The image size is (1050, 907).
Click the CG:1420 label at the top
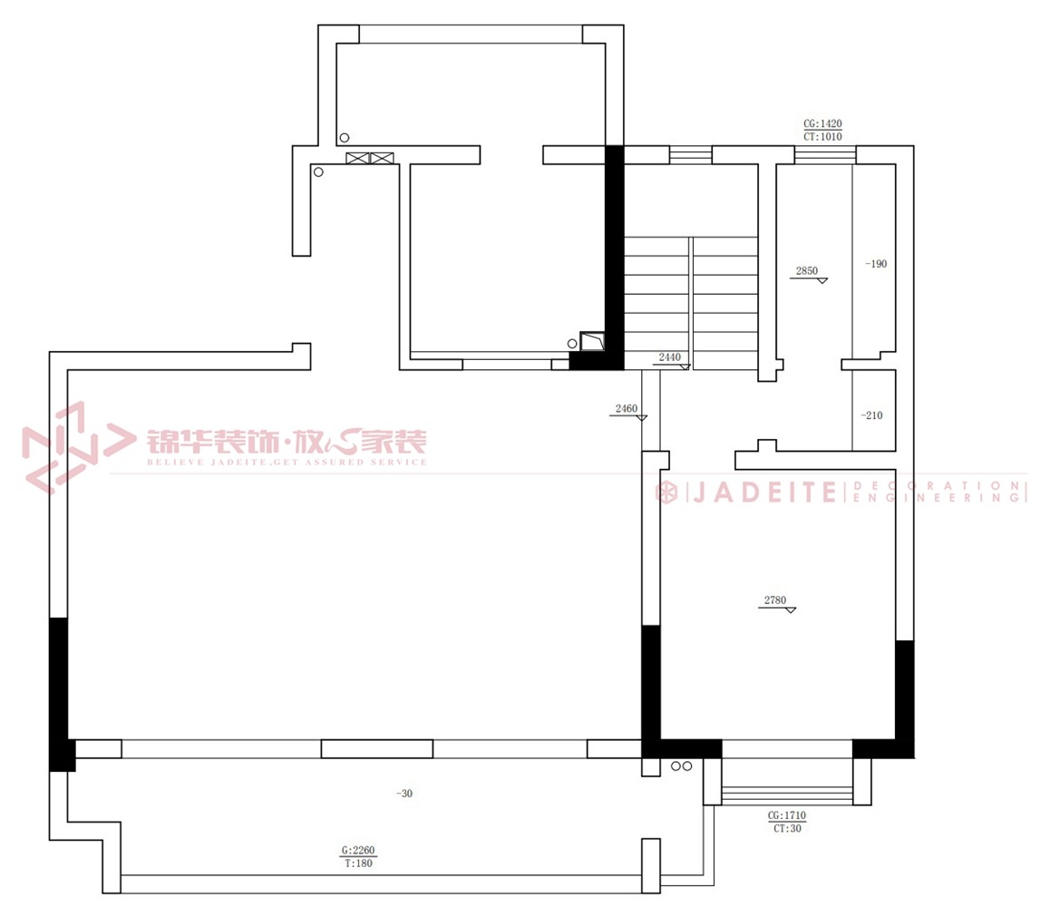pos(822,124)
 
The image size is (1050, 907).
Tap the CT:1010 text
pos(822,137)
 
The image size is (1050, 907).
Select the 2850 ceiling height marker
pos(807,271)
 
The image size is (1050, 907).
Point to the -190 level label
pos(876,264)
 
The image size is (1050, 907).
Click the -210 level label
pos(872,415)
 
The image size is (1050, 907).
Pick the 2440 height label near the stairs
pos(670,357)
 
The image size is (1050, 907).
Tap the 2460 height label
pos(627,409)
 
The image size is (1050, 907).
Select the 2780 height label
pos(775,600)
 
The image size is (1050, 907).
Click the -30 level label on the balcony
pos(404,794)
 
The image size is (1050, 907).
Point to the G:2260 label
pos(359,851)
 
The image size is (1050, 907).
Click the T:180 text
pos(359,863)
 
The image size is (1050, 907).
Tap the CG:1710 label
pos(787,816)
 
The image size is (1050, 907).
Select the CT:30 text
pos(787,829)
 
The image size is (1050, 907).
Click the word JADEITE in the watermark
pos(764,493)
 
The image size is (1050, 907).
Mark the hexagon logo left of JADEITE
pos(666,493)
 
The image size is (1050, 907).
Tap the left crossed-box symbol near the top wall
pos(357,159)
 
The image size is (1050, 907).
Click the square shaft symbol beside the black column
pos(592,341)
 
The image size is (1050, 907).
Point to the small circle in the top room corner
pos(345,138)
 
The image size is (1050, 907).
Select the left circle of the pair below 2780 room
pos(676,766)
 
